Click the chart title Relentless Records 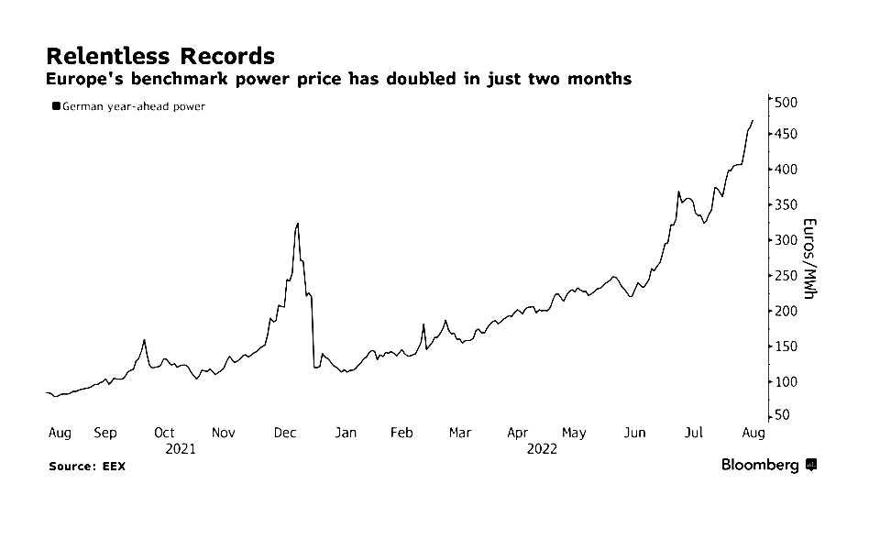[159, 55]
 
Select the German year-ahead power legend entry [128, 106]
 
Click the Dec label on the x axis [284, 433]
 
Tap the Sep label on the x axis [105, 433]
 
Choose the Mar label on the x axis [460, 433]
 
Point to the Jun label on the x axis [633, 433]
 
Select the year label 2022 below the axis [542, 449]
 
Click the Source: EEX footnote [87, 467]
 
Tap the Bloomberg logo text [760, 465]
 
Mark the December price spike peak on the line [298, 223]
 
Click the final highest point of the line [753, 120]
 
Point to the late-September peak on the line [145, 340]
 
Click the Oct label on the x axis [164, 433]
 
